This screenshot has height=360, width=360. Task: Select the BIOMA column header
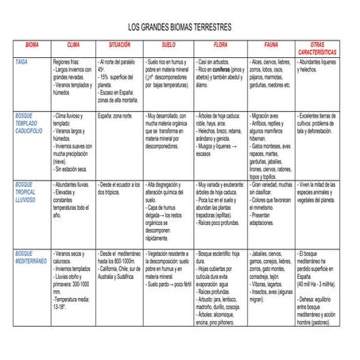(32, 45)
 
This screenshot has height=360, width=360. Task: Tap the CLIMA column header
(73, 45)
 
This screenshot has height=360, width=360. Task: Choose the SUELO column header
(168, 45)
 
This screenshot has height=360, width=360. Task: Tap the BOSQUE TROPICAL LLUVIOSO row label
(30, 192)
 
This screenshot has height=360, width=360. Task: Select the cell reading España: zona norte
(115, 116)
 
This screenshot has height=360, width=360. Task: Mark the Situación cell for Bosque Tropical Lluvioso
(118, 188)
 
